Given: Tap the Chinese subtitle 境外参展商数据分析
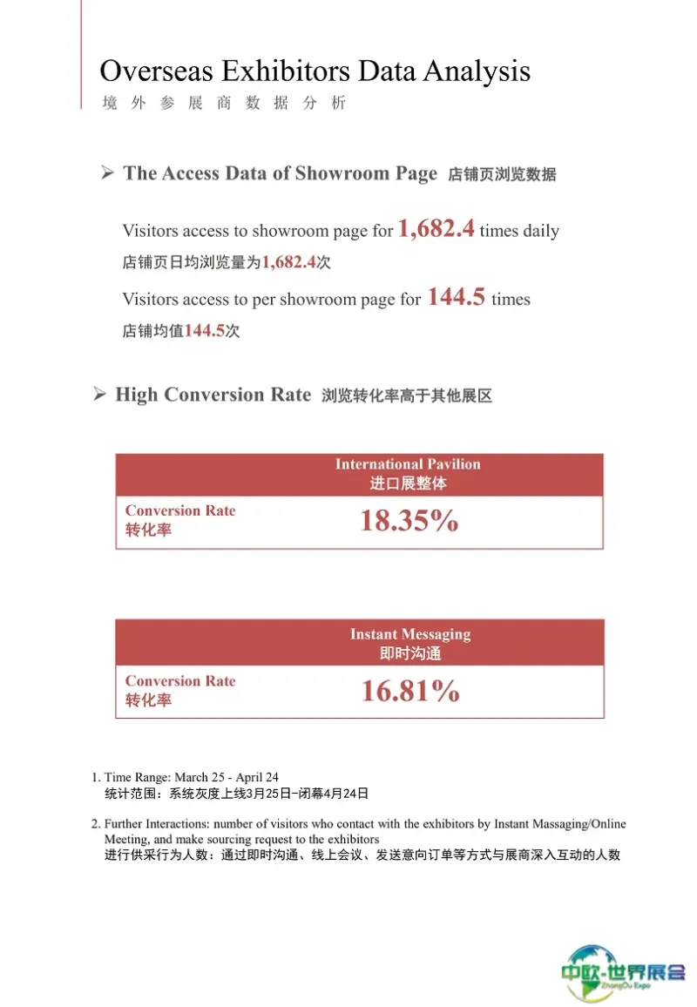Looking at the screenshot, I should click(224, 103).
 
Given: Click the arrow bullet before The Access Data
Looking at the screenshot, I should click(107, 172).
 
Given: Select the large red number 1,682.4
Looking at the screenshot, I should click(436, 229).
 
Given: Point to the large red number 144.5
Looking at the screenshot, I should click(456, 297).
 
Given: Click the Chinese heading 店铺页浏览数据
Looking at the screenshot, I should click(501, 174).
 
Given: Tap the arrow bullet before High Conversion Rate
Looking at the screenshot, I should click(100, 395).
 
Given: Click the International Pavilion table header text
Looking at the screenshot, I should click(408, 464).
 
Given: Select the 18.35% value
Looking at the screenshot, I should click(409, 521).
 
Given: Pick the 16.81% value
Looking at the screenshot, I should click(409, 692).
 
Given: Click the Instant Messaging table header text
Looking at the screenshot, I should click(409, 634).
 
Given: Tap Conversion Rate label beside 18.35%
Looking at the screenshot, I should click(180, 511).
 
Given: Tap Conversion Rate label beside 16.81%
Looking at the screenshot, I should click(180, 681).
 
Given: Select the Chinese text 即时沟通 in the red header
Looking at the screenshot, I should click(409, 653).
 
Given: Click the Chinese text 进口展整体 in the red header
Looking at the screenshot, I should click(408, 483).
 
